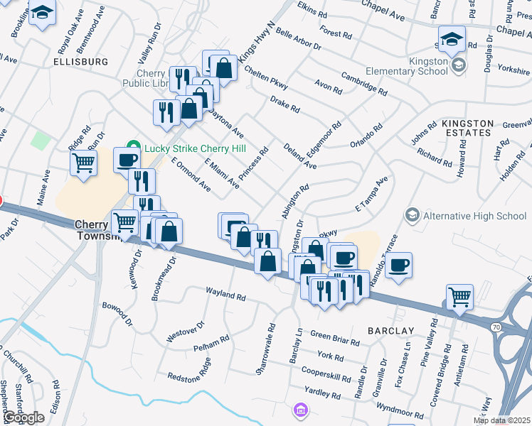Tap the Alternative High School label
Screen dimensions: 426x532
[x=474, y=216]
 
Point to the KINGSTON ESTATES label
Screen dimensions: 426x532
[x=467, y=128]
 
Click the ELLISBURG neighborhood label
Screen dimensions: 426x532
[x=80, y=62]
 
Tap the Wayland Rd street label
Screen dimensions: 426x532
[x=225, y=292]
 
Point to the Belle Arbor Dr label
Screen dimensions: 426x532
[x=298, y=38]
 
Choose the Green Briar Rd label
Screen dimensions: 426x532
[x=334, y=338]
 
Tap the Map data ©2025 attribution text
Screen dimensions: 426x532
[x=502, y=420]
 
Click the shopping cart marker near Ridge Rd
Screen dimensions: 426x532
[x=83, y=163]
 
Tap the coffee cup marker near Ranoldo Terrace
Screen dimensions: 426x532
[x=400, y=264]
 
